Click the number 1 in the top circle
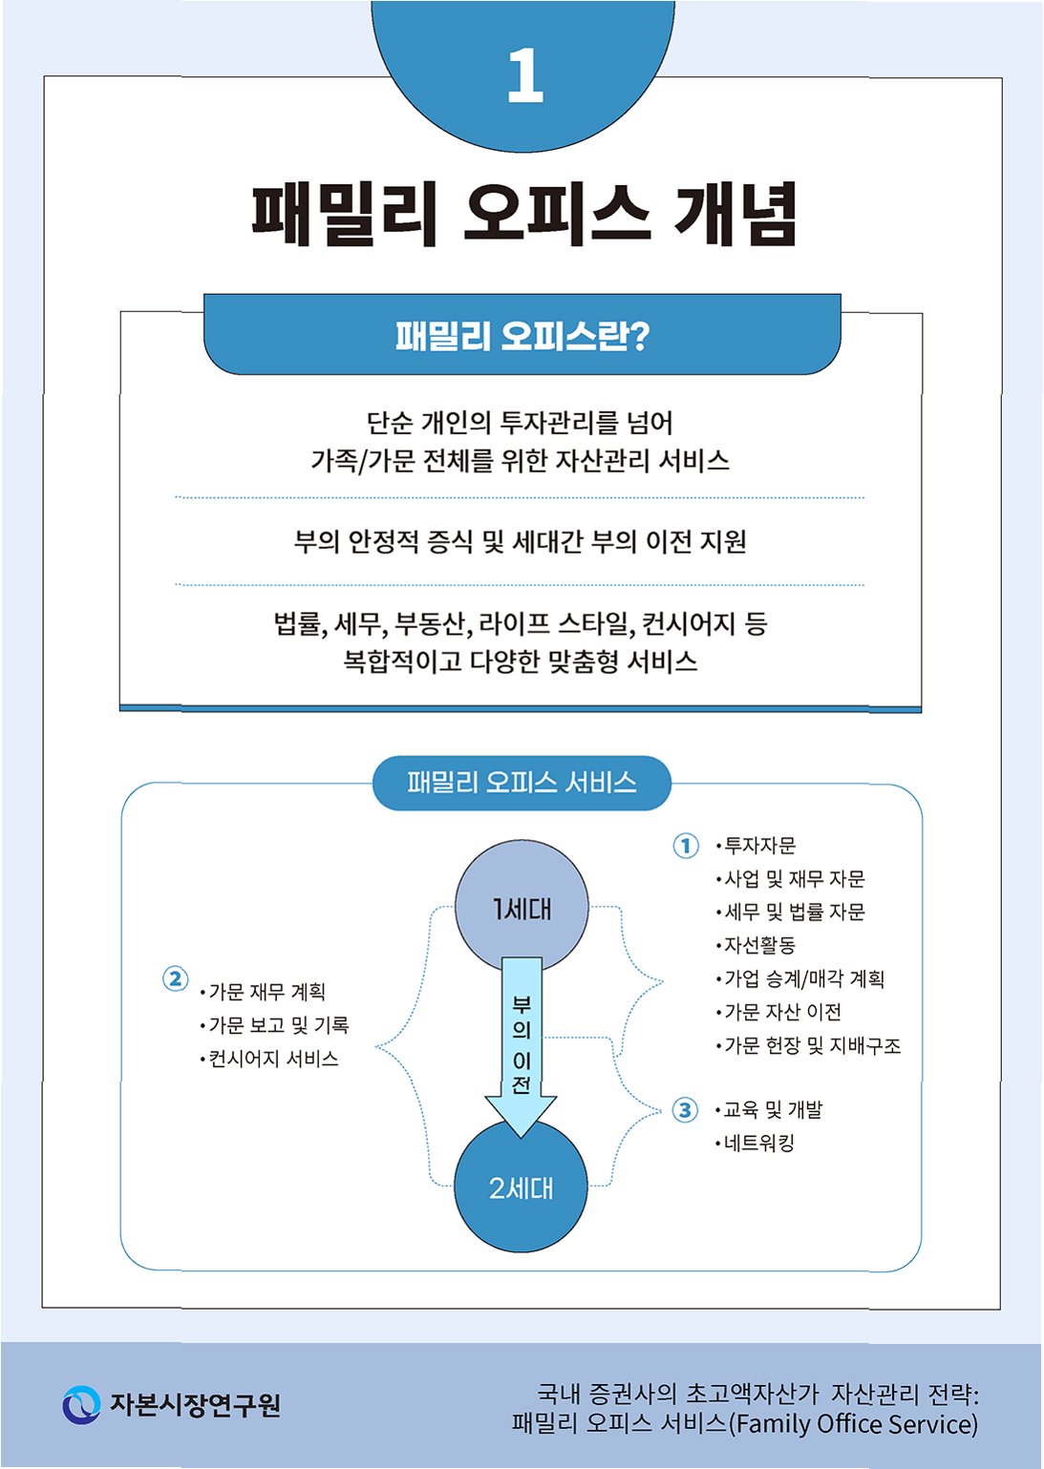524,76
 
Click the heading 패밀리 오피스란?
522,336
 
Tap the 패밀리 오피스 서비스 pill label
522,783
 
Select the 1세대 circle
522,909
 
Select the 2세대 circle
521,1188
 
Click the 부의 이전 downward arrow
521,1045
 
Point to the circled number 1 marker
686,846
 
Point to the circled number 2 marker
175,978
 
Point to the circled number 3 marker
685,1110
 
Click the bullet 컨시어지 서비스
273,1059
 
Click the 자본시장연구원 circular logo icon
81,1404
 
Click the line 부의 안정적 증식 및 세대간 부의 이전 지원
521,541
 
